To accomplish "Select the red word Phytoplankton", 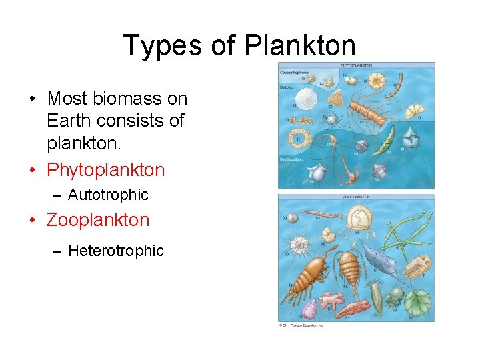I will pos(105,170).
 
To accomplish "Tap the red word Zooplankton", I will pos(98,220).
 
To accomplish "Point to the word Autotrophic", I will pos(108,195).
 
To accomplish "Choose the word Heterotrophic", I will pos(115,251).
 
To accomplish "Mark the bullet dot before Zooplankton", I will pos(33,221).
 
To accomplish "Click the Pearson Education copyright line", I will pos(301,325).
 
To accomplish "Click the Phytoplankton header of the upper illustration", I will pos(356,65).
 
